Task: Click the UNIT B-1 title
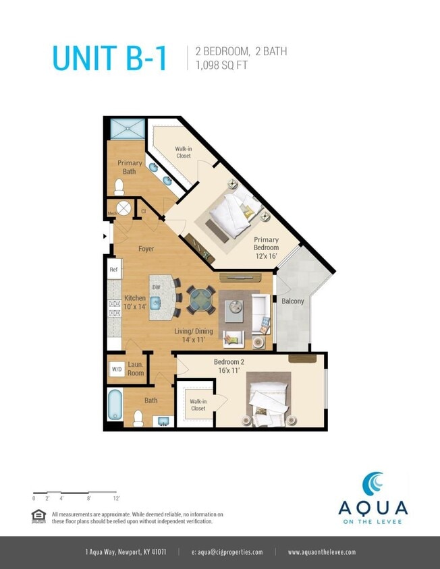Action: pyautogui.click(x=110, y=58)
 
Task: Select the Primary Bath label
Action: pyautogui.click(x=130, y=167)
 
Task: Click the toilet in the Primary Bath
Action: pyautogui.click(x=119, y=186)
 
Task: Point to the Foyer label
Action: pyautogui.click(x=146, y=249)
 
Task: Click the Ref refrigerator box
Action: pyautogui.click(x=114, y=269)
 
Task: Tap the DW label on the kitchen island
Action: pyautogui.click(x=155, y=288)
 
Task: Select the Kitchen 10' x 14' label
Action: pyautogui.click(x=135, y=302)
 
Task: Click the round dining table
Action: pyautogui.click(x=200, y=300)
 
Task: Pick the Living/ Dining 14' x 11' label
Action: pyautogui.click(x=194, y=335)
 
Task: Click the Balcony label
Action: pyautogui.click(x=292, y=301)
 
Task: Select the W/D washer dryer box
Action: pyautogui.click(x=117, y=369)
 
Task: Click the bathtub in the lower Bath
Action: pyautogui.click(x=115, y=405)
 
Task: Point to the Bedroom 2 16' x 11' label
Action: pyautogui.click(x=229, y=366)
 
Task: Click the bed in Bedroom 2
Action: pyautogui.click(x=269, y=402)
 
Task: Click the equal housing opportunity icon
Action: pyautogui.click(x=39, y=516)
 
